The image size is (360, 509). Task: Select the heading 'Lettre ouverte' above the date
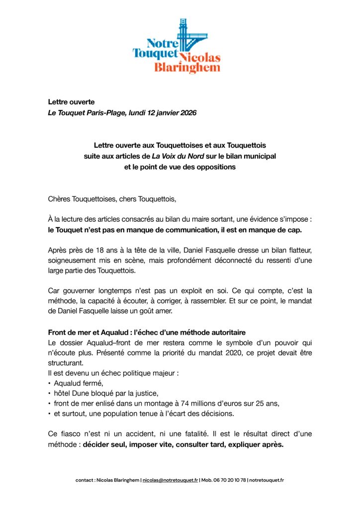click(x=71, y=102)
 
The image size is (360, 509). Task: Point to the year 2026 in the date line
click(x=187, y=113)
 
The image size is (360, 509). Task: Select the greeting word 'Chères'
click(x=60, y=200)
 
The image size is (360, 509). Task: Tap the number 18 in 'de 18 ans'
click(x=99, y=247)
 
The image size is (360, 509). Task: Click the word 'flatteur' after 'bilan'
click(x=297, y=247)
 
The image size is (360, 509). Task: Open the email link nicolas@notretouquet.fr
click(x=170, y=480)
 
